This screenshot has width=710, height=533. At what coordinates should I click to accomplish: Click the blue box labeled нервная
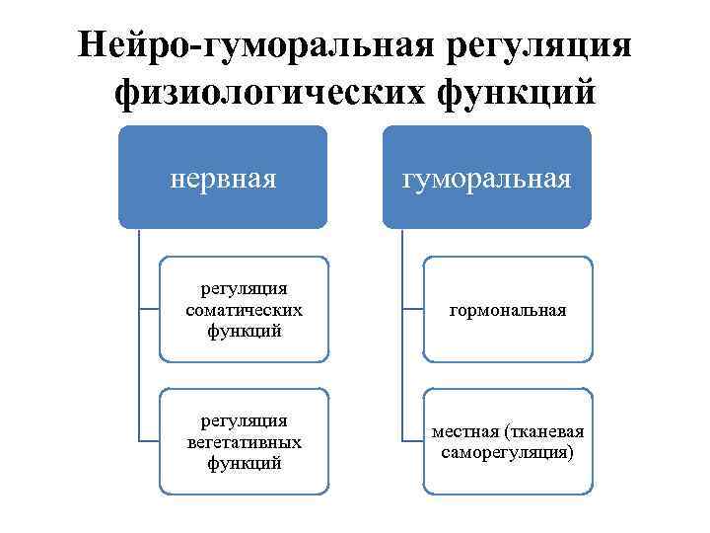tap(223, 179)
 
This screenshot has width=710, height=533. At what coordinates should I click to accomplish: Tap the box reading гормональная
tap(507, 309)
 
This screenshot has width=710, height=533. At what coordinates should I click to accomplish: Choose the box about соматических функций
tap(244, 309)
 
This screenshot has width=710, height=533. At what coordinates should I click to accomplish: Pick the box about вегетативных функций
tap(244, 442)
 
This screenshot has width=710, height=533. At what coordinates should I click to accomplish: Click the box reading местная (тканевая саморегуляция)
tap(507, 442)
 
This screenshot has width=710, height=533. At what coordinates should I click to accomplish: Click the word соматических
tap(244, 310)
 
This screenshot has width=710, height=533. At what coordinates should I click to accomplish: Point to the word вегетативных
tap(244, 442)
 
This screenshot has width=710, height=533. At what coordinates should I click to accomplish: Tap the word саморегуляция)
tap(508, 452)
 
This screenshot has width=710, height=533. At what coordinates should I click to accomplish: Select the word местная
tap(465, 432)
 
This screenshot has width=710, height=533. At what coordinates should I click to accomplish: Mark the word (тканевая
tap(543, 432)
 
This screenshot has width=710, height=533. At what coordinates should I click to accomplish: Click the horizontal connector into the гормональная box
tap(413, 309)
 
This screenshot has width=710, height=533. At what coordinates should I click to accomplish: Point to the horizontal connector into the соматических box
tap(150, 309)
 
